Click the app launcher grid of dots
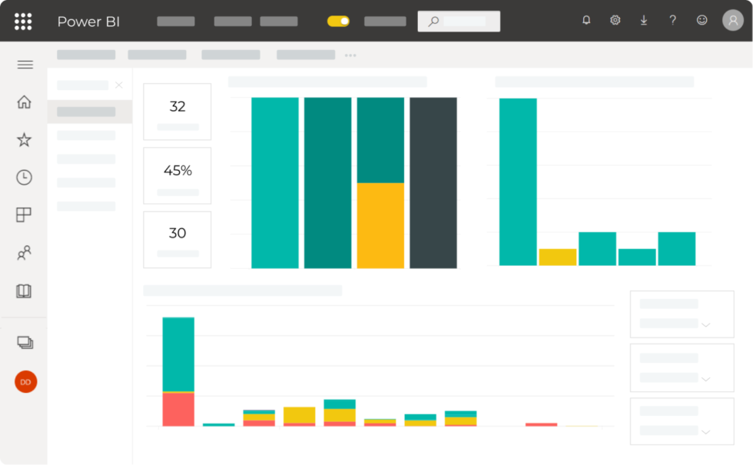[23, 22]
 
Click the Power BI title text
[88, 22]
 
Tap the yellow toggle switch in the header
[338, 22]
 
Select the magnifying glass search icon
[433, 22]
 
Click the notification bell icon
[586, 21]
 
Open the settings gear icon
[615, 21]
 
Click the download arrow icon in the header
[644, 21]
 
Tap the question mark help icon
[673, 21]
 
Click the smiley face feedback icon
[702, 21]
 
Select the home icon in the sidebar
[25, 102]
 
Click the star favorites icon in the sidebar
[25, 140]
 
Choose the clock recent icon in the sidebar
[25, 178]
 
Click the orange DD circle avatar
[25, 382]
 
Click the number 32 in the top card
[177, 107]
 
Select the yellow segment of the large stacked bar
[380, 225]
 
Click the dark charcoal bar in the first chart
[433, 182]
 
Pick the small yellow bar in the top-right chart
[558, 257]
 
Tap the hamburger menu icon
[25, 65]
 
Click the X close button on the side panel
[118, 85]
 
